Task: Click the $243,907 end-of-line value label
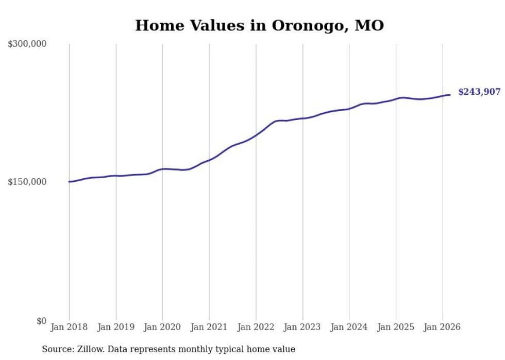click(479, 92)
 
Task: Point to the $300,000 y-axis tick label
click(27, 44)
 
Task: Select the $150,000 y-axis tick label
click(27, 182)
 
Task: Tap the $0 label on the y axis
click(41, 321)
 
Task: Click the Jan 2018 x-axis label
click(69, 327)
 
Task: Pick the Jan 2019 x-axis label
click(115, 327)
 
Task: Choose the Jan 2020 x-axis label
click(162, 327)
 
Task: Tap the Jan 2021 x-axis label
click(209, 327)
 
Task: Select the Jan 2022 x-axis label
click(256, 327)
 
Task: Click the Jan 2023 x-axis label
click(302, 327)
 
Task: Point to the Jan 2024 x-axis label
click(349, 327)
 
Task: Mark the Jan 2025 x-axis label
click(396, 327)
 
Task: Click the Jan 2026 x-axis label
click(442, 327)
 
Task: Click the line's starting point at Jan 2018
click(69, 182)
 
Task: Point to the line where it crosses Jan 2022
click(256, 136)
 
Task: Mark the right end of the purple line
click(450, 95)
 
